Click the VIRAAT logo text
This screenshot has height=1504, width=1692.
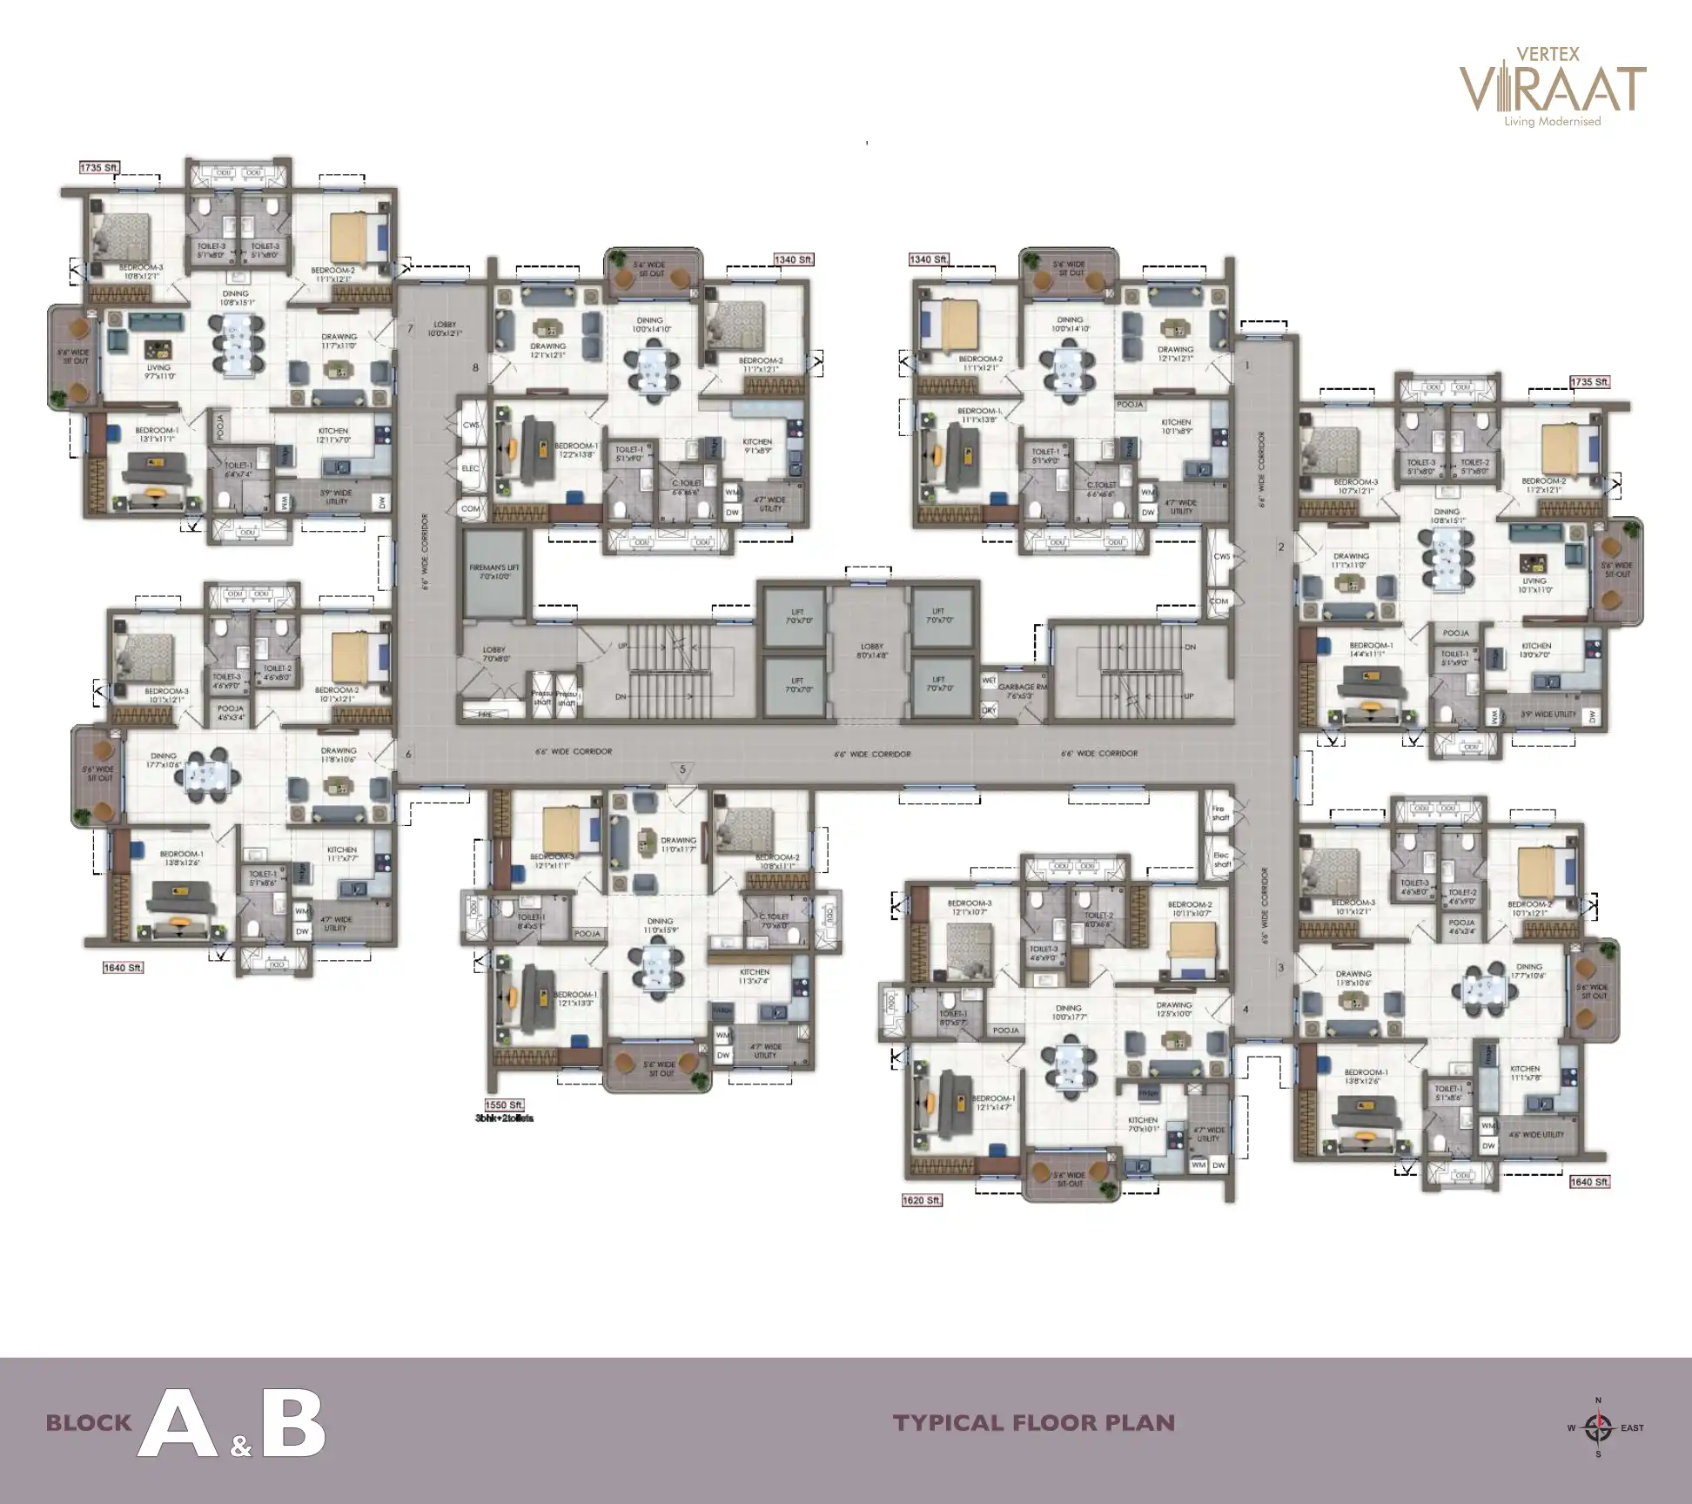click(1552, 89)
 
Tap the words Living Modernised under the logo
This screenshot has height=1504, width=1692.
click(1553, 122)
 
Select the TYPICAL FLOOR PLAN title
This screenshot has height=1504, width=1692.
click(1034, 1424)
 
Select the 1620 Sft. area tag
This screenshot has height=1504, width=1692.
click(922, 1200)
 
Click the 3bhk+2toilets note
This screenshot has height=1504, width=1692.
click(504, 1118)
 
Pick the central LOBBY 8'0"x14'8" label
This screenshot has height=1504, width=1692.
click(871, 652)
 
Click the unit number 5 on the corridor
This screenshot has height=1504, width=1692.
click(683, 769)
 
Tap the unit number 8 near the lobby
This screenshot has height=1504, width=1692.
click(475, 367)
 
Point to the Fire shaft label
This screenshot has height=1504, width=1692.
click(1220, 813)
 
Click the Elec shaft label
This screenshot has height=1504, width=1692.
click(1222, 860)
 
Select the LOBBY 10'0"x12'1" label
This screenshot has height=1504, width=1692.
click(444, 328)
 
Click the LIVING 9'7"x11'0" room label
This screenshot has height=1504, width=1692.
click(158, 372)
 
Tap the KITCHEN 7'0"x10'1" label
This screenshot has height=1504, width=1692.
click(1143, 1125)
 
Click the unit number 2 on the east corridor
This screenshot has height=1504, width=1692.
click(1280, 547)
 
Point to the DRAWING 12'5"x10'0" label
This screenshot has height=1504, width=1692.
click(1174, 1010)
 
